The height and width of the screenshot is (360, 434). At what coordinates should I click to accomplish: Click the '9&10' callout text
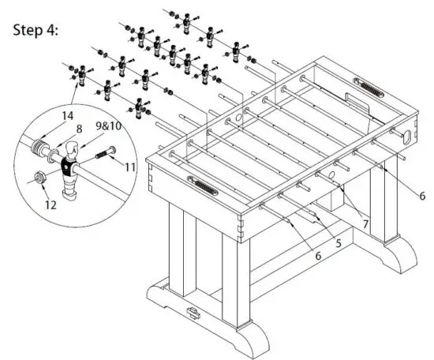tap(108, 127)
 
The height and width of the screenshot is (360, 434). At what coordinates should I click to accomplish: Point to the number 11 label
tap(130, 166)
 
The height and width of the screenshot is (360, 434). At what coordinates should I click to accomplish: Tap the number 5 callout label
tap(338, 244)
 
